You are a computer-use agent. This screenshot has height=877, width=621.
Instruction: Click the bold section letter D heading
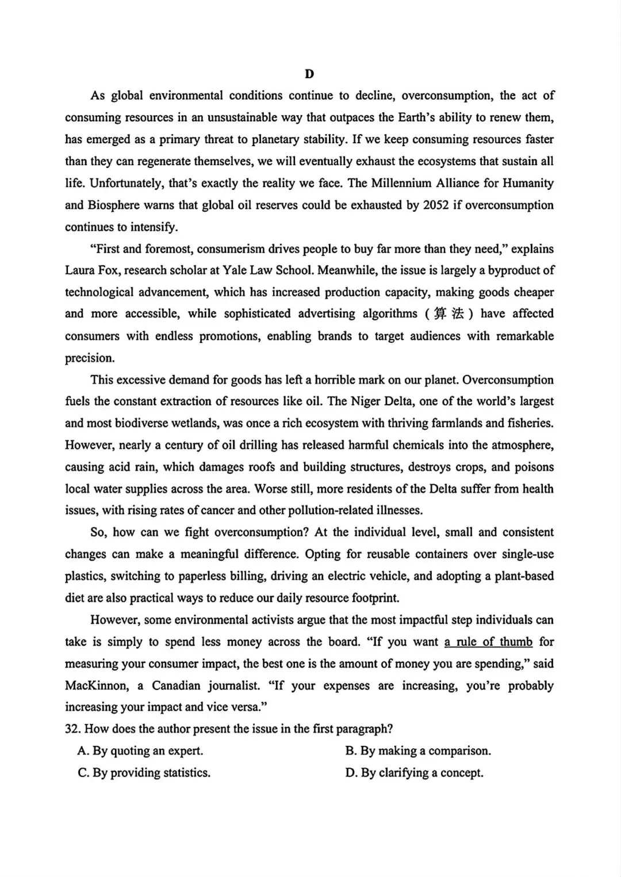coord(309,74)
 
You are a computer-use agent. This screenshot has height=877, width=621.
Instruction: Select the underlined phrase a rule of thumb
coord(488,642)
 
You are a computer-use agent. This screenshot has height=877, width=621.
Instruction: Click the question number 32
coord(72,729)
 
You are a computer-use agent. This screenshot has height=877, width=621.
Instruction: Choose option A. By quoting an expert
coord(140,751)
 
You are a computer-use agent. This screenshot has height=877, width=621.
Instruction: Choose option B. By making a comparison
coord(417,751)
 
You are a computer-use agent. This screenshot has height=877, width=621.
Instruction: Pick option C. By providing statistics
coord(144,773)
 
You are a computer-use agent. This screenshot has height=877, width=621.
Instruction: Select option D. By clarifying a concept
coord(414,773)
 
